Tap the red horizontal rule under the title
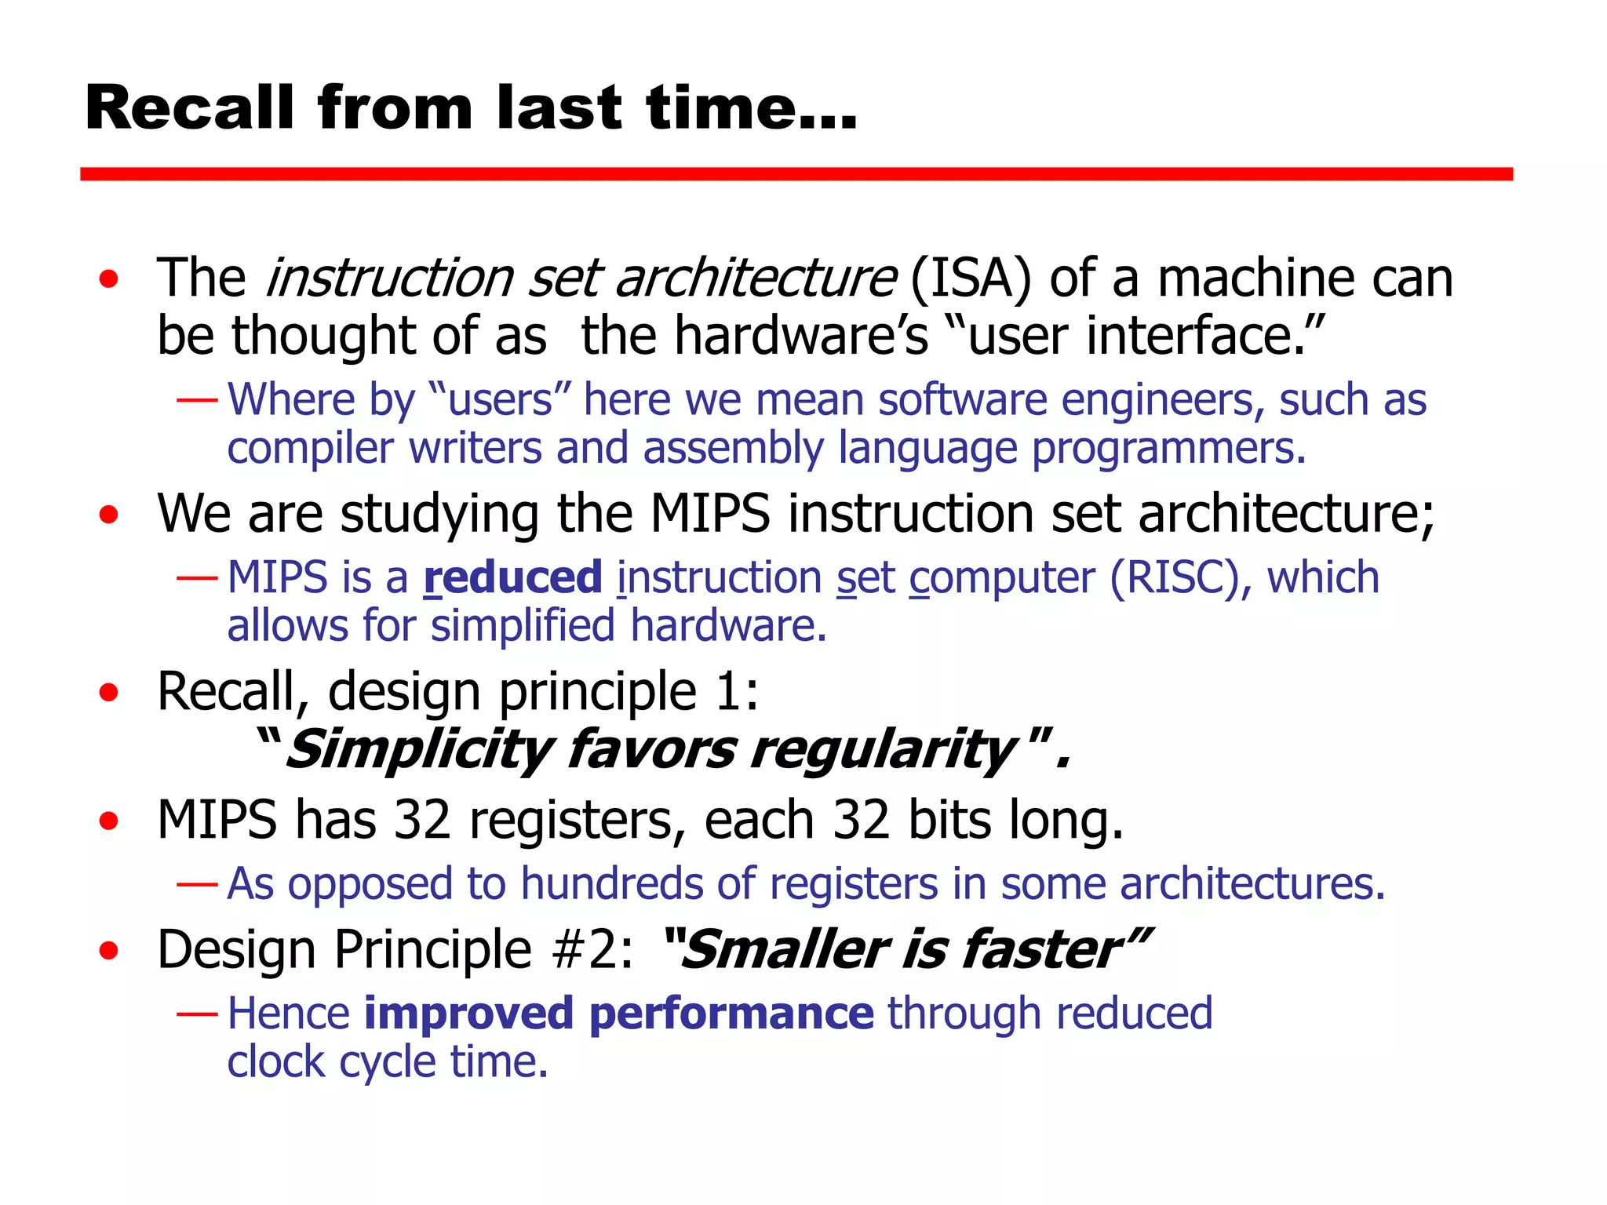click(796, 174)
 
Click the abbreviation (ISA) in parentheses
click(970, 278)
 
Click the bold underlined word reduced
click(512, 578)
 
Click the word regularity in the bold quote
click(883, 749)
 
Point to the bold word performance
click(731, 1014)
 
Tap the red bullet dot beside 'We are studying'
click(109, 515)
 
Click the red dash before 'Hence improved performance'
click(197, 1014)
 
